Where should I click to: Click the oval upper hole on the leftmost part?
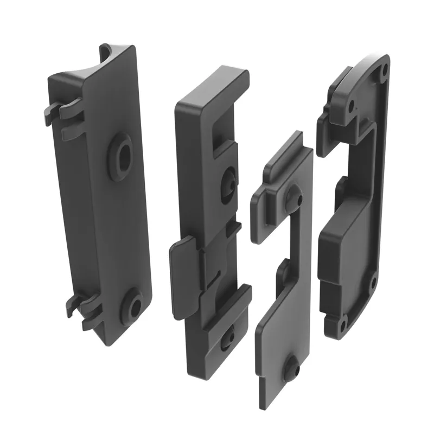pos(122,152)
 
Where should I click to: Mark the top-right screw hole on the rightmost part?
pos(384,70)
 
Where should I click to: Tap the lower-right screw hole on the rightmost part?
pos(373,282)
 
